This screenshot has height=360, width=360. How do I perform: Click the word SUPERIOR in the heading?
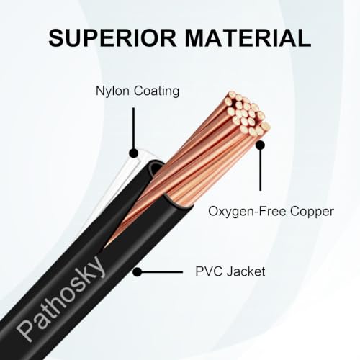(112, 38)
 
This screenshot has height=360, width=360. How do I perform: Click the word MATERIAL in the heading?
(248, 38)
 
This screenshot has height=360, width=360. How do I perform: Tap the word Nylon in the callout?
(113, 92)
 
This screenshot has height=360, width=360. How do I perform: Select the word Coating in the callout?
(156, 91)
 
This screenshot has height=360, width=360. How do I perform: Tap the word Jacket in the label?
(246, 271)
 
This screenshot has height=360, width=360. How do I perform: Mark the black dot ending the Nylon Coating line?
(134, 153)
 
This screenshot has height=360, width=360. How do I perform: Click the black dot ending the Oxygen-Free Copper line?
(260, 145)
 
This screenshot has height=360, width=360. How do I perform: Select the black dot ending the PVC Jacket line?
(138, 272)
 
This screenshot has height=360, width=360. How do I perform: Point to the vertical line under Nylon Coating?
(133, 128)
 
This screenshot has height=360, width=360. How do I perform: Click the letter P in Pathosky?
(26, 330)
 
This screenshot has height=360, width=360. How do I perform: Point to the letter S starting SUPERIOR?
(58, 38)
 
